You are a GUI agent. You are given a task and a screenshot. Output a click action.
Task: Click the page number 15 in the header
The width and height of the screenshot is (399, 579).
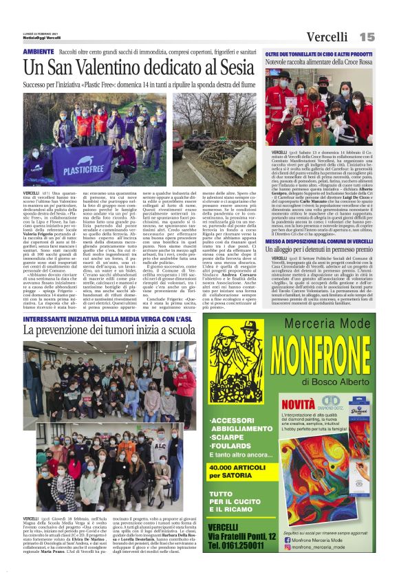[x=367, y=36]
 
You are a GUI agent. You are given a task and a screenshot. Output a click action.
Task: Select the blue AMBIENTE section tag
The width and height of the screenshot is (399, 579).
[x=38, y=52]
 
